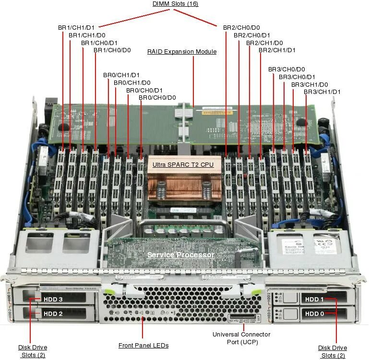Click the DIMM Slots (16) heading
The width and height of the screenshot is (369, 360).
(x=175, y=4)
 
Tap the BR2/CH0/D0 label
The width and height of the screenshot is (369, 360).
(x=241, y=28)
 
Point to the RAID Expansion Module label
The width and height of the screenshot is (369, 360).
(x=182, y=52)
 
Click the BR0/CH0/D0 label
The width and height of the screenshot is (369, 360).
(x=157, y=98)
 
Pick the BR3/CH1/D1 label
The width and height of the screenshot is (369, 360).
(x=322, y=92)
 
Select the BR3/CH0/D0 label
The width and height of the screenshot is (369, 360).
(x=286, y=70)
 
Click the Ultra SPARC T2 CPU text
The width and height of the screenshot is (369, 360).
(x=183, y=165)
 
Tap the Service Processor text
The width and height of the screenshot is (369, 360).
(x=180, y=255)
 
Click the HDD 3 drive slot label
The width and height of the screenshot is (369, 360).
(x=53, y=300)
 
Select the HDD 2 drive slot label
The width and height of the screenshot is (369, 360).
(x=53, y=314)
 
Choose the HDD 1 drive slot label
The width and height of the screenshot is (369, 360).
(x=315, y=300)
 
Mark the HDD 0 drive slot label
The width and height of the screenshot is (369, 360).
(x=315, y=314)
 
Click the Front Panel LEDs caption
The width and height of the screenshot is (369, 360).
(x=143, y=345)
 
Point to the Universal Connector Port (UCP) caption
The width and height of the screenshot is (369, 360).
(x=241, y=338)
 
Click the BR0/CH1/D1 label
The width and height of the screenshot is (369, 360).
(x=121, y=75)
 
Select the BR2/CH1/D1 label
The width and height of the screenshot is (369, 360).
(x=277, y=50)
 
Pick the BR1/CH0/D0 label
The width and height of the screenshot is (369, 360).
(x=112, y=50)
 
